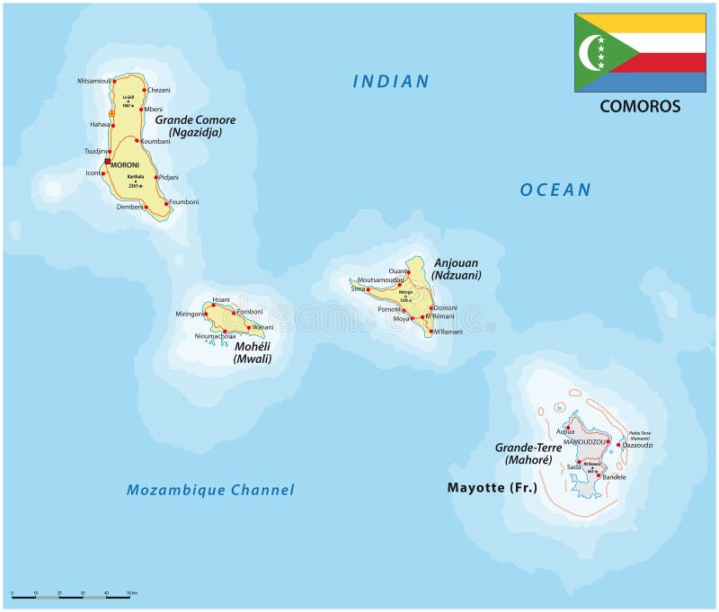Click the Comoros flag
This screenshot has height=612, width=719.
(640, 52)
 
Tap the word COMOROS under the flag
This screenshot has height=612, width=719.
(640, 106)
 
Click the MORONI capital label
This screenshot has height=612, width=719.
(126, 164)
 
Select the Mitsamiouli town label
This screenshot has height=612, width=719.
(95, 81)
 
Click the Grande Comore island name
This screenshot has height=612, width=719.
(195, 120)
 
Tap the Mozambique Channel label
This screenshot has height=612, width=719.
(210, 490)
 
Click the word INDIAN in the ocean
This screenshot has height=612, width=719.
(391, 82)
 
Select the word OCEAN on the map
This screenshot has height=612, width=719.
(555, 190)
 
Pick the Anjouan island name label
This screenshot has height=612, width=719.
(457, 262)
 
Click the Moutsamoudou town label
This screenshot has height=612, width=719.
(379, 279)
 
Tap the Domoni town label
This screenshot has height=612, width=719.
(445, 307)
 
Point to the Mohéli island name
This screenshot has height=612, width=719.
(252, 346)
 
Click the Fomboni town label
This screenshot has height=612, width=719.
(249, 311)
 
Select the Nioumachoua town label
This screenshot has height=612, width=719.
(215, 336)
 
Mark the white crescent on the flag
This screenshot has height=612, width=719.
(592, 52)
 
